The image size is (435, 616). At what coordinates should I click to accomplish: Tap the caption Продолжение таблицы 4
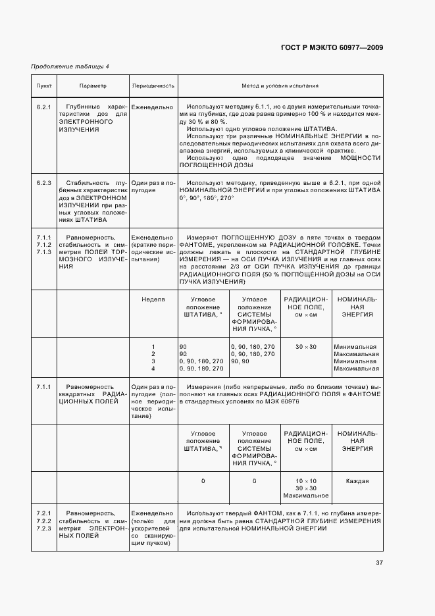click(70, 66)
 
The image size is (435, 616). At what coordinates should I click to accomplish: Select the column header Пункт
click(44, 86)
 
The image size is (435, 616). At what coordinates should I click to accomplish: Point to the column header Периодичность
click(153, 86)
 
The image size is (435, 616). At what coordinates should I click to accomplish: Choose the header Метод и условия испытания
click(280, 86)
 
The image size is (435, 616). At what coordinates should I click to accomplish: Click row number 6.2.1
click(44, 106)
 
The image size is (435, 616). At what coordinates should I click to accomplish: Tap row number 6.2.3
click(44, 182)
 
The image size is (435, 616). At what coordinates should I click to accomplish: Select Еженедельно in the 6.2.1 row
click(152, 106)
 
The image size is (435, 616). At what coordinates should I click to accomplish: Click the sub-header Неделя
click(153, 299)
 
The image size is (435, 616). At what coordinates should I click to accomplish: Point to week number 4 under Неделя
click(153, 369)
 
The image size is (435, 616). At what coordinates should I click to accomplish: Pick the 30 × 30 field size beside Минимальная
click(305, 346)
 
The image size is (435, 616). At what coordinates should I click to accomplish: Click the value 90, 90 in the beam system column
click(240, 361)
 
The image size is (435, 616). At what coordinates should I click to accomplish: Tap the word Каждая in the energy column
click(357, 480)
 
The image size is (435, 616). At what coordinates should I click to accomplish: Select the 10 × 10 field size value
click(305, 480)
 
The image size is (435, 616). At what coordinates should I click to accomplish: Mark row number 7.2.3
click(44, 528)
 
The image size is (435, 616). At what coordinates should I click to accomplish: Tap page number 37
click(379, 563)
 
